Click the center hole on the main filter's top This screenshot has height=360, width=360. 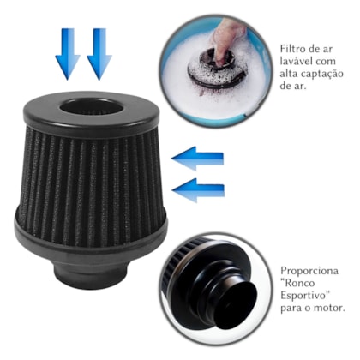(90, 108)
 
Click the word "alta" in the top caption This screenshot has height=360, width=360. (291, 75)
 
